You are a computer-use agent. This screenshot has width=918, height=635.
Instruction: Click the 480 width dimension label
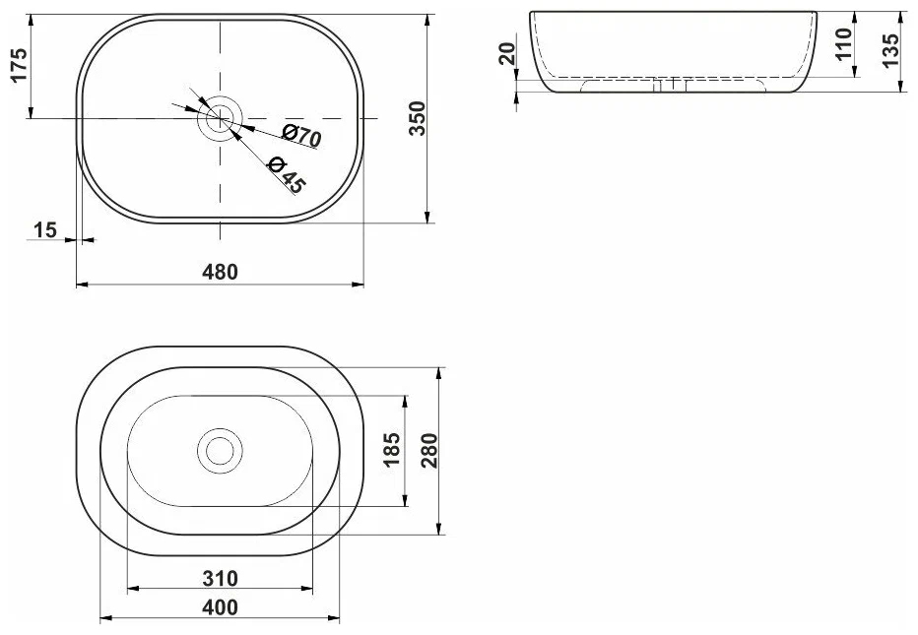click(220, 272)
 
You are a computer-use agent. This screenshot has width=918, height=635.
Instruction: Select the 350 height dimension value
click(418, 118)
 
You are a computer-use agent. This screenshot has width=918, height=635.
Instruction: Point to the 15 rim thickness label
click(45, 230)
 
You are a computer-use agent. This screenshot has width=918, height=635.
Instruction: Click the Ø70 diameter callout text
click(302, 136)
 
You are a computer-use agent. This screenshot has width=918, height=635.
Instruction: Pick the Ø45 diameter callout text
click(287, 175)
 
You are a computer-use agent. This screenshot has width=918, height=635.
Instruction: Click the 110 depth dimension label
click(844, 43)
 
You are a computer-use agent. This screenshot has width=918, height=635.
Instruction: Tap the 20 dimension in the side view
click(507, 53)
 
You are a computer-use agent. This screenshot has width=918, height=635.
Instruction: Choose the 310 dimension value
click(220, 578)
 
